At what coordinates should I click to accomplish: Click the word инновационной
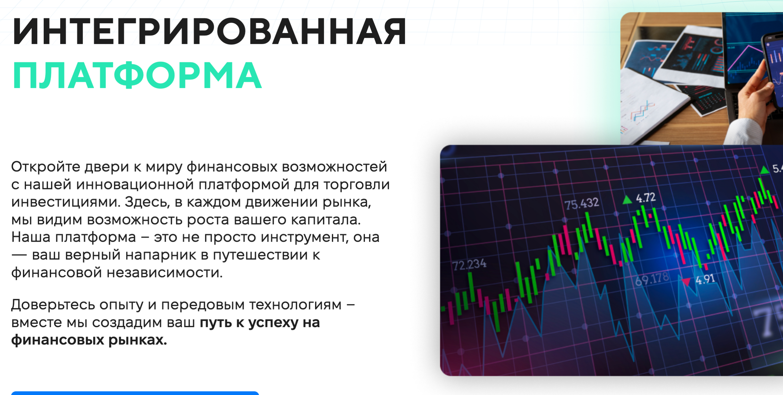pyautogui.click(x=135, y=184)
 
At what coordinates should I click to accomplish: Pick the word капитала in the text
pyautogui.click(x=326, y=220)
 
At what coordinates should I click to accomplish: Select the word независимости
pyautogui.click(x=165, y=273)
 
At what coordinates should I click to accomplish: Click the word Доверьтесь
pyautogui.click(x=53, y=305)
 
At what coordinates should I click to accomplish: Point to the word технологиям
pyautogui.click(x=295, y=305)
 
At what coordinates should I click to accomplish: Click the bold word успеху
pyautogui.click(x=273, y=323)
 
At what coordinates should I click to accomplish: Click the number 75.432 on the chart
pyautogui.click(x=581, y=204)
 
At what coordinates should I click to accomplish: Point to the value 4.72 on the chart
pyautogui.click(x=646, y=198)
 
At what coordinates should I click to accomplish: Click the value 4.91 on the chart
pyautogui.click(x=705, y=279)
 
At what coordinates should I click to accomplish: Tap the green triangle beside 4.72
pyautogui.click(x=627, y=200)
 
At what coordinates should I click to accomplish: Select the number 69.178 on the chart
pyautogui.click(x=652, y=279)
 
